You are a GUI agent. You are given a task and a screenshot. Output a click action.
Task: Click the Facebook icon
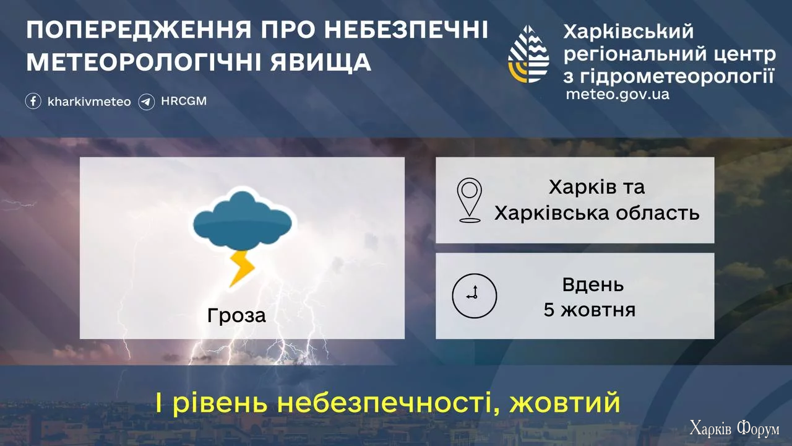click(x=33, y=102)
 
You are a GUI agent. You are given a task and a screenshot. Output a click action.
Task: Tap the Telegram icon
click(x=147, y=102)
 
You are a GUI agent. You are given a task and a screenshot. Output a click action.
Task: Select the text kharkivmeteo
click(x=89, y=102)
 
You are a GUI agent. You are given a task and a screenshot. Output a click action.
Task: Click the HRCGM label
click(x=184, y=101)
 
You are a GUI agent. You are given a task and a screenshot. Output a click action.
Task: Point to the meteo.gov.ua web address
click(x=618, y=94)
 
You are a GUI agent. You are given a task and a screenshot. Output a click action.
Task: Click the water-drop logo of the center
click(x=528, y=54)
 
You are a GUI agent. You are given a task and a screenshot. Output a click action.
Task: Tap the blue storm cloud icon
click(x=243, y=220)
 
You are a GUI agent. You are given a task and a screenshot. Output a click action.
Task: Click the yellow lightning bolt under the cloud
click(x=242, y=268)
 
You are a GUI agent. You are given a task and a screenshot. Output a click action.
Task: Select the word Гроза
click(x=236, y=316)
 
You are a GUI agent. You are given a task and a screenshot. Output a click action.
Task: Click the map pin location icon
click(x=469, y=200)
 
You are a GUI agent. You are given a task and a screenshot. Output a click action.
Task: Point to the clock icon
click(x=475, y=295)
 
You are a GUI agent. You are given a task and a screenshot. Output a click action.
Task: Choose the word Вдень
click(x=593, y=285)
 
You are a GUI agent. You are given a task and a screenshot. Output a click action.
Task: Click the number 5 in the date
click(x=549, y=310)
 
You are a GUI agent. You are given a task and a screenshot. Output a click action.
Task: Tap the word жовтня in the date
click(x=598, y=310)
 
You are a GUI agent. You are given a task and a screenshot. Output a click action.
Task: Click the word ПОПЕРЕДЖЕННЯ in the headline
click(x=139, y=30)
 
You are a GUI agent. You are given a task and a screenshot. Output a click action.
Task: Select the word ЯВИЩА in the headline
click(x=321, y=63)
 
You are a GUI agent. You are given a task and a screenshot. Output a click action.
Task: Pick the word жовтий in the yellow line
click(x=564, y=403)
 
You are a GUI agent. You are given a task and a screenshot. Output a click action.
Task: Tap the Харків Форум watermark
click(x=734, y=429)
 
